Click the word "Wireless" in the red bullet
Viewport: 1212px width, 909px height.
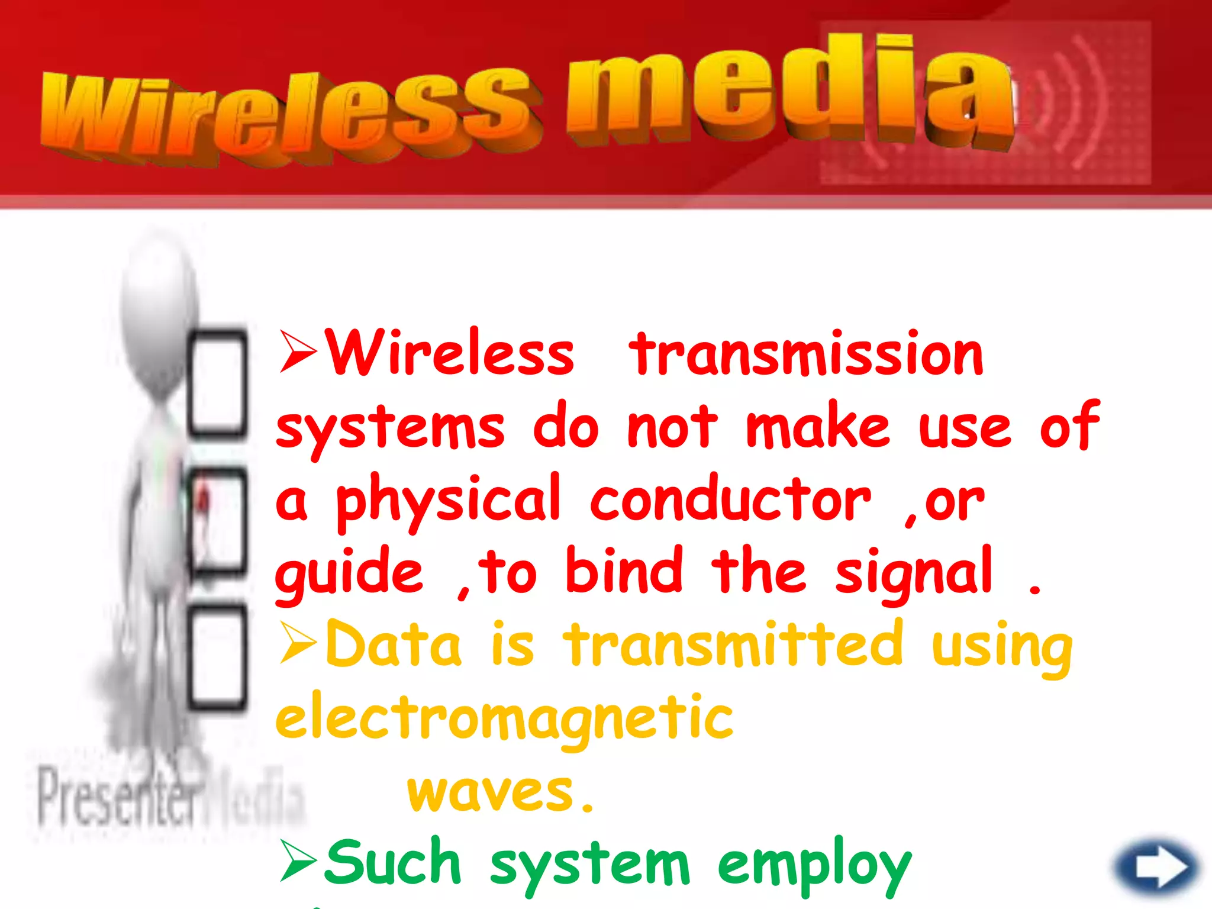pos(450,354)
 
